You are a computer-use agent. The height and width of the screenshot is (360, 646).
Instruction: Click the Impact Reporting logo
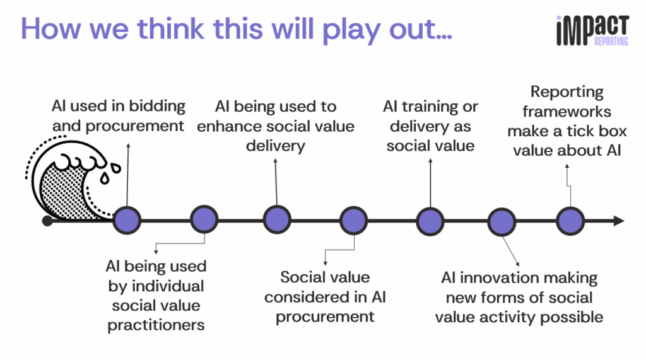coord(592,30)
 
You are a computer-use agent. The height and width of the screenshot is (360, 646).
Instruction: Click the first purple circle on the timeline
coord(128,221)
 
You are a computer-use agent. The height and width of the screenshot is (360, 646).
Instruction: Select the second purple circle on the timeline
coord(204,221)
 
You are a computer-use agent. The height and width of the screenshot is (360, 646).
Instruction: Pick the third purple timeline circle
coord(277,221)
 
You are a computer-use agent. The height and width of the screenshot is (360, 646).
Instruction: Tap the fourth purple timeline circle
coord(353,221)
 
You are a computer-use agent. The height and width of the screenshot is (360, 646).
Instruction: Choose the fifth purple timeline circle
coord(430,221)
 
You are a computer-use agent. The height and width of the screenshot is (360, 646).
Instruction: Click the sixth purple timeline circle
coord(502,221)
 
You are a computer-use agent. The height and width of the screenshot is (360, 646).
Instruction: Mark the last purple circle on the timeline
coord(570,221)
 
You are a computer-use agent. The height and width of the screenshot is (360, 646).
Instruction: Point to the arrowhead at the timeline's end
coord(619,221)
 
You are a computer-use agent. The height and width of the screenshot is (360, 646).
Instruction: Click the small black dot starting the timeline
coord(47,221)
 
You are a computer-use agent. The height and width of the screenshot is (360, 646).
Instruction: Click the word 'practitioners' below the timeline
coord(156,325)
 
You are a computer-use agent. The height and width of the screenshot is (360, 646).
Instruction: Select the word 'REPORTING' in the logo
coord(611,42)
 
